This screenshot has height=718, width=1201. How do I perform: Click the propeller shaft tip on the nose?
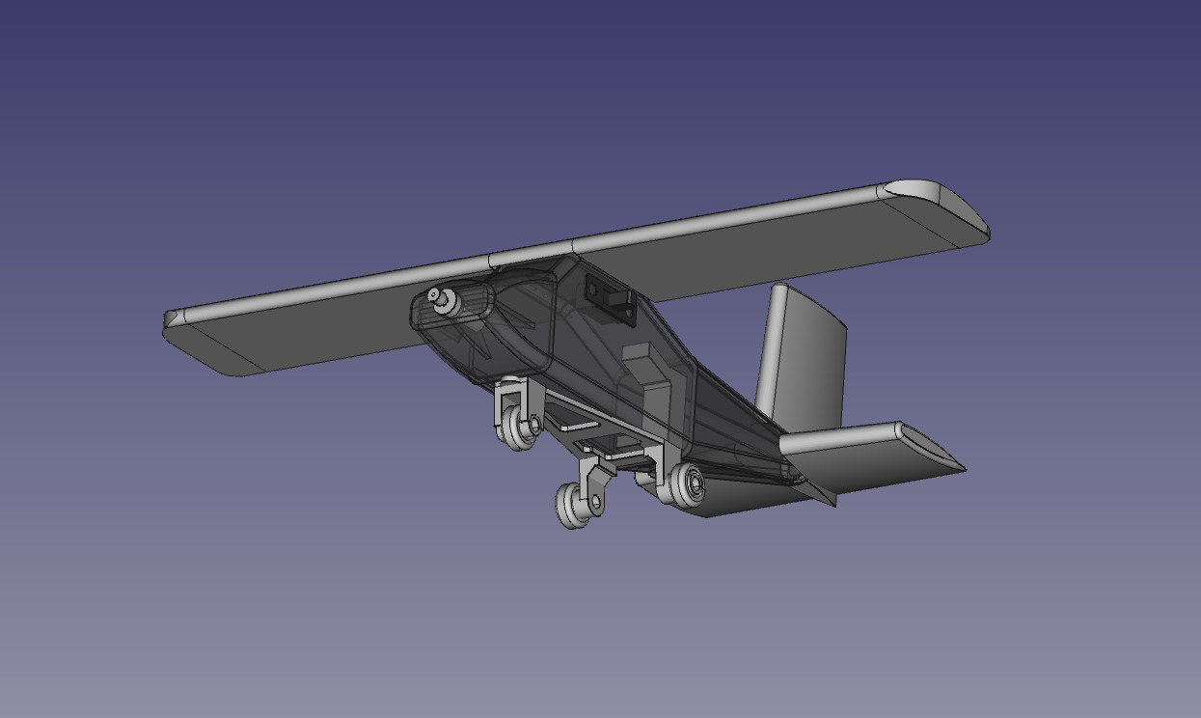point(435,295)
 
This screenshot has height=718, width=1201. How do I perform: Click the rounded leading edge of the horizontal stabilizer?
point(839,437)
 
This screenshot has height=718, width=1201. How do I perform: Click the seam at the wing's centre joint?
point(490,261)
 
